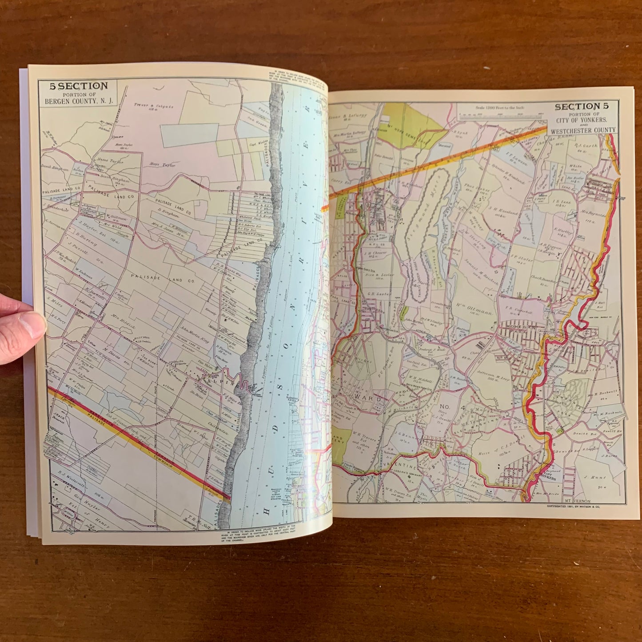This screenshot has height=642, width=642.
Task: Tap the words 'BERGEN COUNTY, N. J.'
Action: [79, 101]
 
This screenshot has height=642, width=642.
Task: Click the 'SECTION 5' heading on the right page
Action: [582, 107]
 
